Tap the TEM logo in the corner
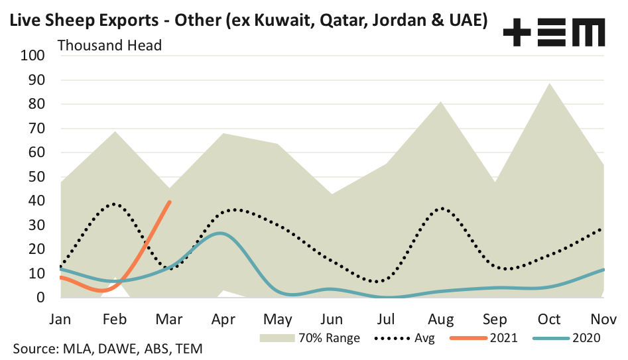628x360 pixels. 554,31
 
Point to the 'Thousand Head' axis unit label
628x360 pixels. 110,46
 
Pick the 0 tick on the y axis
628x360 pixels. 40,298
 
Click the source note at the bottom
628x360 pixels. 107,349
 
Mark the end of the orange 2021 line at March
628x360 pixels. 170,202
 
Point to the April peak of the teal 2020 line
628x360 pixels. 220,233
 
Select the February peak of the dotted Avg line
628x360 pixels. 115,204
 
